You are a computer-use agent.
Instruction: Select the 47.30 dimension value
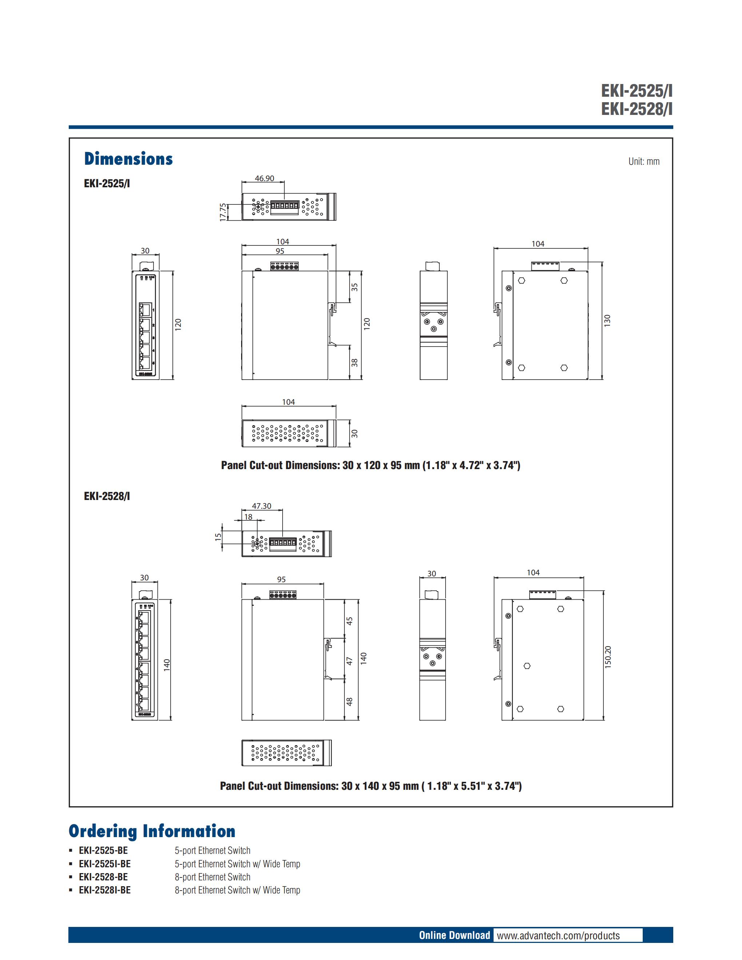[x=262, y=506]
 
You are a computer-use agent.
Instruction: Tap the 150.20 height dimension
[x=608, y=657]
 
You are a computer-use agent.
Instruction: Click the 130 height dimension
[x=607, y=320]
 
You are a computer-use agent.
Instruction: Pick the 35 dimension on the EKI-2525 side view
[x=354, y=287]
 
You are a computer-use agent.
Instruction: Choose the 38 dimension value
[x=354, y=363]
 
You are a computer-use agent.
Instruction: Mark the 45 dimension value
[x=350, y=621]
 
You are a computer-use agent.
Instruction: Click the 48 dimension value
[x=350, y=702]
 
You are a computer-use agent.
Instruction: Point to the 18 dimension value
[x=248, y=517]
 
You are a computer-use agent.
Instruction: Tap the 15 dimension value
[x=218, y=537]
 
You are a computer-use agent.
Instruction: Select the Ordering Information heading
[x=152, y=831]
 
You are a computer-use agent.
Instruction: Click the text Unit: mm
[x=643, y=161]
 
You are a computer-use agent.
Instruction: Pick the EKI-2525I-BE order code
[x=105, y=864]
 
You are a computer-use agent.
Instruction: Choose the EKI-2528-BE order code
[x=103, y=877]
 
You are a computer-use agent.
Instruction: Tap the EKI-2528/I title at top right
[x=637, y=109]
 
